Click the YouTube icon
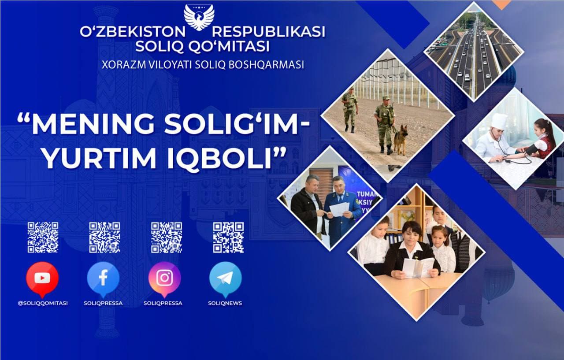tap(42, 278)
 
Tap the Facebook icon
tap(103, 278)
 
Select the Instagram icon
tap(164, 278)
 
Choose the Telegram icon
tap(225, 278)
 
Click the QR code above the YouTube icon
tap(43, 237)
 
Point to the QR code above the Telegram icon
tap(228, 237)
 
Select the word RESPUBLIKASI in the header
tap(269, 32)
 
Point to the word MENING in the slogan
tap(91, 126)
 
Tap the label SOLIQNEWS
tap(225, 303)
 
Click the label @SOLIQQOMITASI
tap(43, 303)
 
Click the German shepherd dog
tap(400, 140)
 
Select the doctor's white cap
tap(499, 121)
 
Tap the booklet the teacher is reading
tap(417, 267)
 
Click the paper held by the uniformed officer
tap(339, 209)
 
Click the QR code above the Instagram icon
tap(167, 237)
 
